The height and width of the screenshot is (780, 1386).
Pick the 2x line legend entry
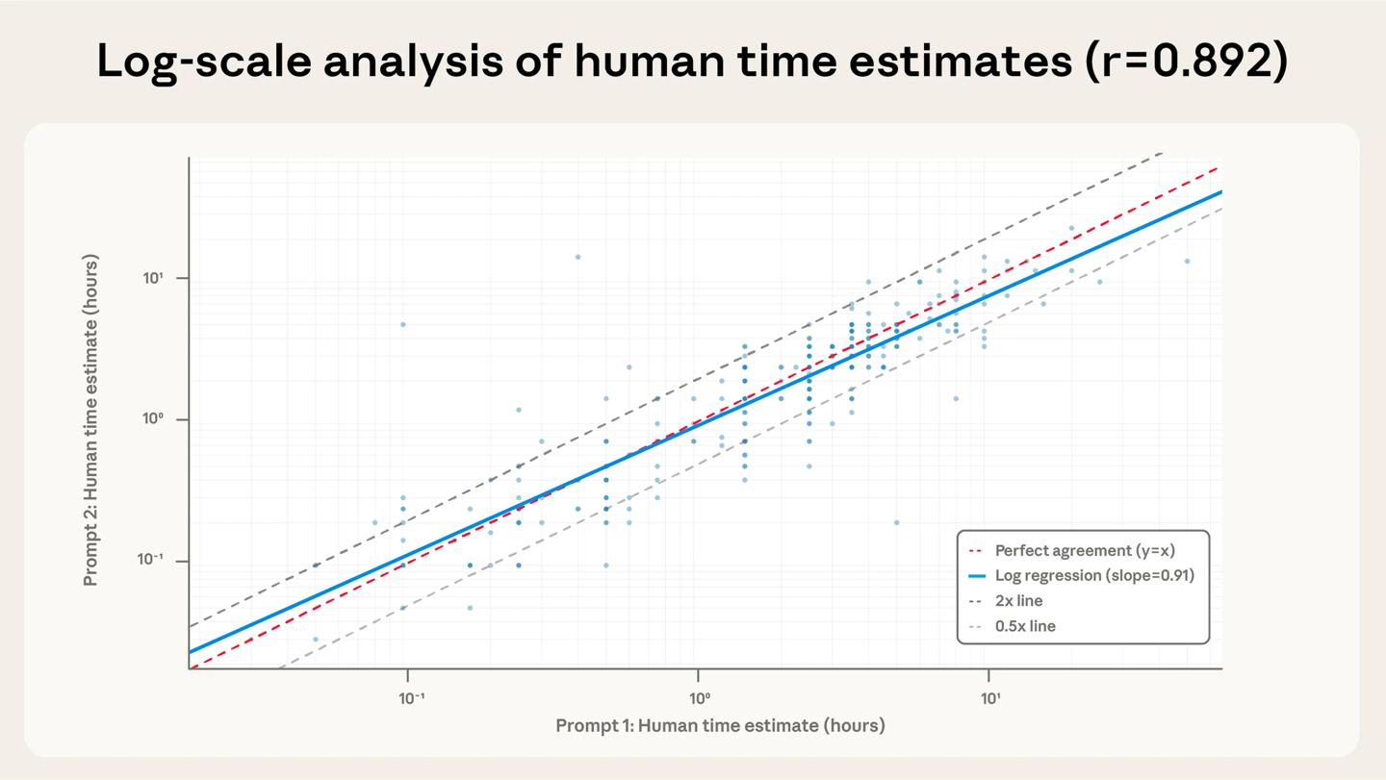(x=1018, y=601)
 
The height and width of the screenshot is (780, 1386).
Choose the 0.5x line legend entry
(x=1024, y=626)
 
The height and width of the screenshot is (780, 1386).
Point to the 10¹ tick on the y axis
(x=155, y=278)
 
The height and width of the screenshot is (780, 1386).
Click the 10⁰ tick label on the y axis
(x=155, y=419)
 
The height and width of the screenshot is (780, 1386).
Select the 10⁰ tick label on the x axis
(x=699, y=698)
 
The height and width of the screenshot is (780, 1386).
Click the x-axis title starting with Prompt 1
(x=720, y=725)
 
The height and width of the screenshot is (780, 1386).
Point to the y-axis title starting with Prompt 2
(x=91, y=419)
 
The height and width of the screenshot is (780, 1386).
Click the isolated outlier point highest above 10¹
(x=577, y=257)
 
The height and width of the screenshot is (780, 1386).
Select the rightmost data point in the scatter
(x=1187, y=261)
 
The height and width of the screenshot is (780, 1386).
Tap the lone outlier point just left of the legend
(x=896, y=522)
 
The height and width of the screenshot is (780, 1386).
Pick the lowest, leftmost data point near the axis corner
(x=315, y=639)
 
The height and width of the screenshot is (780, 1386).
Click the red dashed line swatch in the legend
(x=976, y=551)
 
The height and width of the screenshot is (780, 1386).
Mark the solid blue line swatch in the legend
(x=976, y=576)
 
